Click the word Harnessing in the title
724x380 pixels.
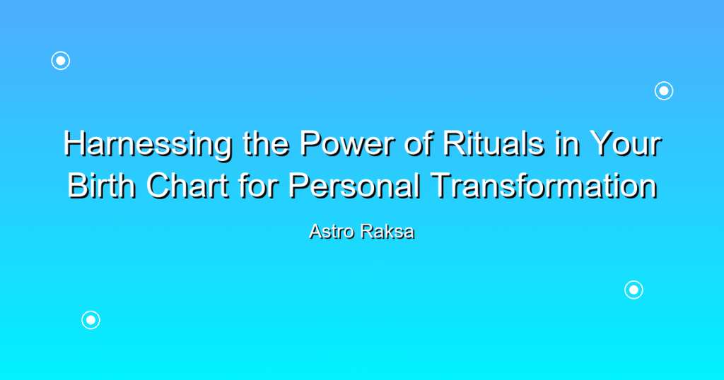[148, 145]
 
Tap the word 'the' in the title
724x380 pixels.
[266, 143]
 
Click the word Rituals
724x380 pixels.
[493, 143]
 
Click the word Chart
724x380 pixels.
[187, 185]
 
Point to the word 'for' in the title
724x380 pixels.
[258, 185]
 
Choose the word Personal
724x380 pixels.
[354, 185]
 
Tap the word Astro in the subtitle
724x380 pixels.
[332, 232]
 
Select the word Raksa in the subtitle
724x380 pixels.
[387, 232]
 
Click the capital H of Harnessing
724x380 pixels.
[75, 143]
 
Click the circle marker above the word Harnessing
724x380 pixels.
[61, 61]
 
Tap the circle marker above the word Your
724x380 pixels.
[664, 91]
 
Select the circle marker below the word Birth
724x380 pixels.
[91, 320]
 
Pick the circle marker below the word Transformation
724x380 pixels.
[634, 290]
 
